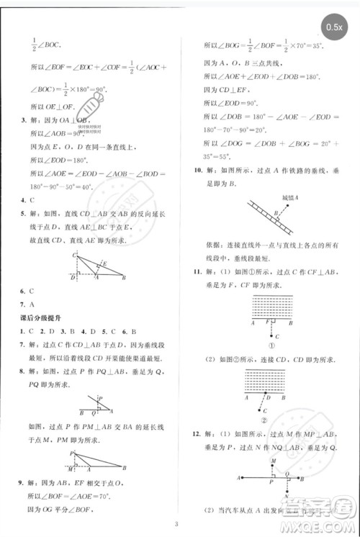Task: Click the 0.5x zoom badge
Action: pyautogui.click(x=334, y=27)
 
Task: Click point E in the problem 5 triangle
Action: pyautogui.click(x=104, y=263)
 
